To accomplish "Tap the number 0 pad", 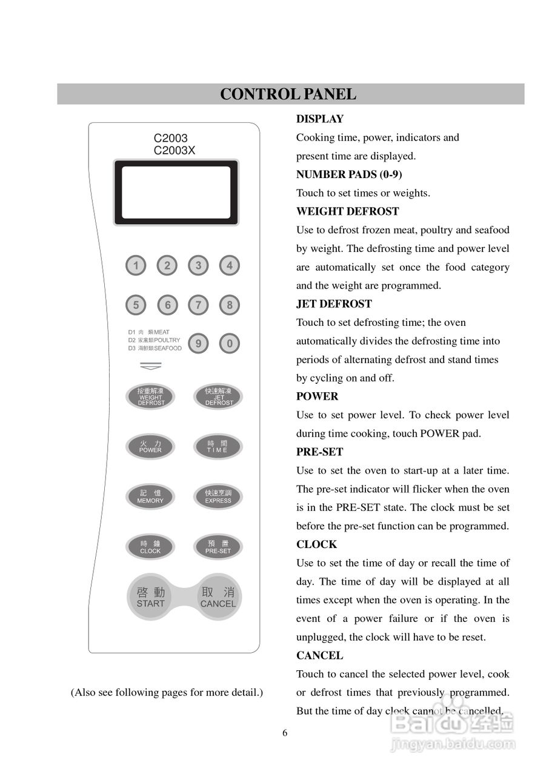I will point(229,344).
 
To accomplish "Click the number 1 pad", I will point(136,265).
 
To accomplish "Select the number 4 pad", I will point(229,265).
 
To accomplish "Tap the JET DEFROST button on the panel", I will point(218,397).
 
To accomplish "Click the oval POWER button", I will point(150,447).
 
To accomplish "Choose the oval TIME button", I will point(218,447).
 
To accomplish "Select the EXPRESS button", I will point(218,497).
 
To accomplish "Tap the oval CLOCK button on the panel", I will point(150,547).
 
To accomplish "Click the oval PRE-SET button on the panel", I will point(218,547).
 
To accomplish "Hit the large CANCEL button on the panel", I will point(218,597).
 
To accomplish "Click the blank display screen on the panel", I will point(176,193).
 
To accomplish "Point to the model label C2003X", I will point(175,151).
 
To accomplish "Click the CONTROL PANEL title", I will point(288,94).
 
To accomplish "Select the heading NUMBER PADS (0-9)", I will point(349,174).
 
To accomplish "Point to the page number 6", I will point(285,733).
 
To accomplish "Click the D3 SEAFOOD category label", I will point(155,349).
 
